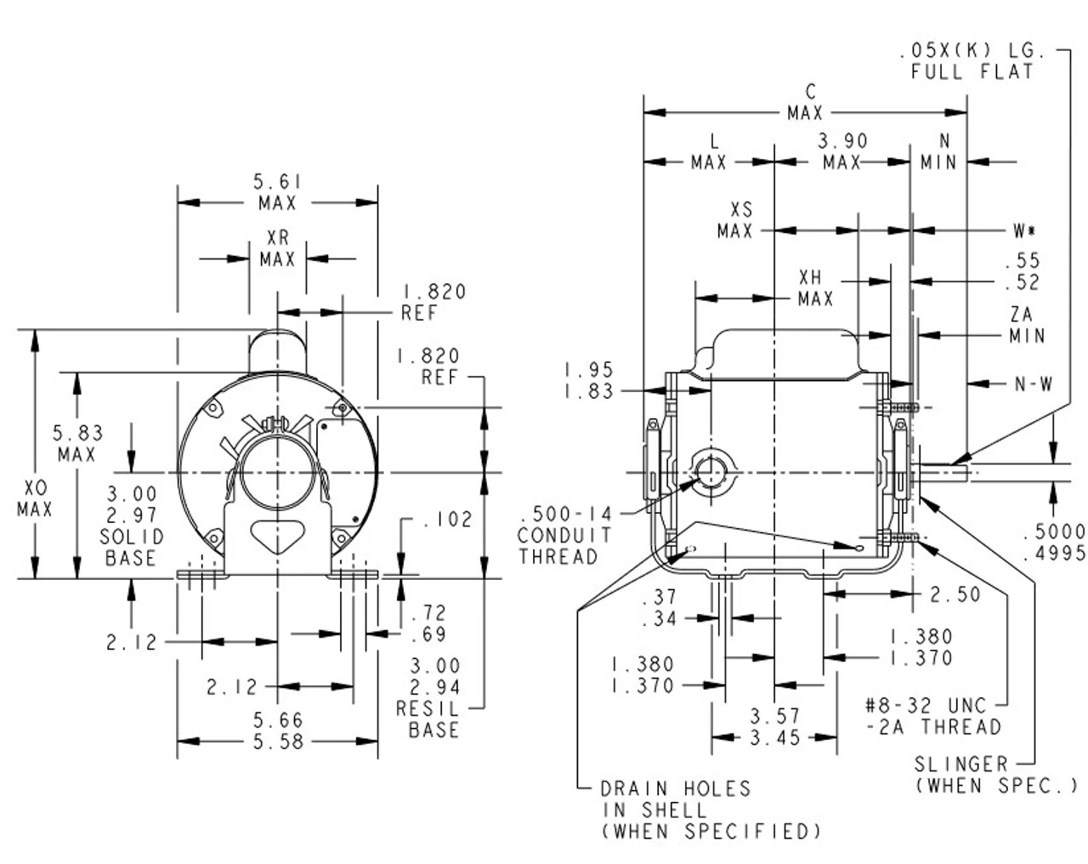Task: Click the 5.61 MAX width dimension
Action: click(278, 192)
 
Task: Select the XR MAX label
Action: click(278, 248)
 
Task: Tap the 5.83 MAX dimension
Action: click(76, 444)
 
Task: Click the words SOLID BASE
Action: click(131, 548)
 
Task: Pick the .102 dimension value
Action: click(445, 519)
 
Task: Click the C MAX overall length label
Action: click(805, 102)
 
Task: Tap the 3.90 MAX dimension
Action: click(842, 151)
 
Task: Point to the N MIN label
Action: click(939, 151)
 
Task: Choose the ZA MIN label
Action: click(1027, 326)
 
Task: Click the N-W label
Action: click(1033, 384)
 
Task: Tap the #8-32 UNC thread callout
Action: click(932, 716)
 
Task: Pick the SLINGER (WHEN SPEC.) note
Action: click(995, 775)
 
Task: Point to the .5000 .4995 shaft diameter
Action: click(1054, 542)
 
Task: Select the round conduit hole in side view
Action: click(709, 472)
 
